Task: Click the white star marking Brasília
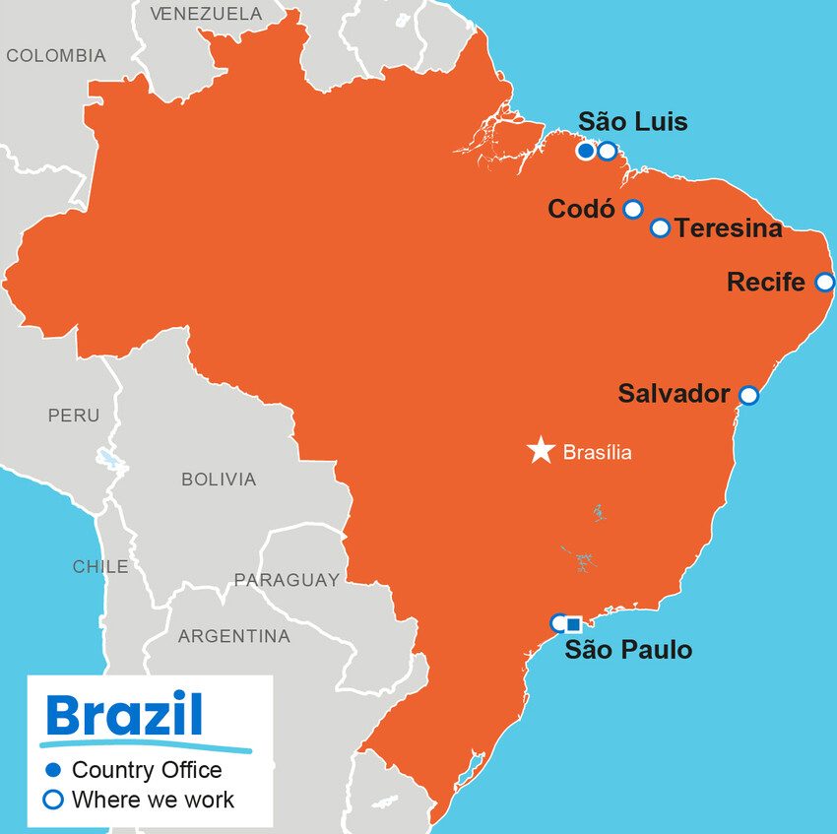[541, 451]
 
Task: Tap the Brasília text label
[597, 453]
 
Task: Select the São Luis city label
[632, 122]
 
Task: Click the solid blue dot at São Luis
[586, 151]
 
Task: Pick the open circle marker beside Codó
[633, 209]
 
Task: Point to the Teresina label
[729, 228]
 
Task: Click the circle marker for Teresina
[660, 228]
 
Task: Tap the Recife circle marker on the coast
[825, 283]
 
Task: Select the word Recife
[765, 283]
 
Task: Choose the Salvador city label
[674, 394]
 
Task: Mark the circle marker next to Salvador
[748, 395]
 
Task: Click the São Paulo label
[627, 650]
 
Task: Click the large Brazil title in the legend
[124, 716]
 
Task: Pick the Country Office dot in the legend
[54, 770]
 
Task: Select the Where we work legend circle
[54, 800]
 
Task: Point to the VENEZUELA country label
[206, 14]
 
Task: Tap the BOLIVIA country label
[219, 480]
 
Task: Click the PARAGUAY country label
[286, 580]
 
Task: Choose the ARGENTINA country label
[233, 637]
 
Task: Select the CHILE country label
[100, 566]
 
